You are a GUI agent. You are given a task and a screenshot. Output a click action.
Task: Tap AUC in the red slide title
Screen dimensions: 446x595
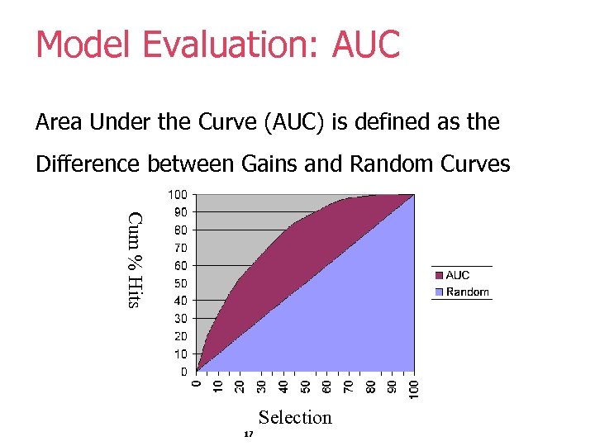[x=365, y=45]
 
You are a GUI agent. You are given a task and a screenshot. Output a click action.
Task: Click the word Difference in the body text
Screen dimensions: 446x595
[x=88, y=164]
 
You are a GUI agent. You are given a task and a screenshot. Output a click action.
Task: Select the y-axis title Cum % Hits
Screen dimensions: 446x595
[x=136, y=260]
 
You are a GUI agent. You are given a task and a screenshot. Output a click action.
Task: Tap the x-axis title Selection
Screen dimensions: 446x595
[x=295, y=417]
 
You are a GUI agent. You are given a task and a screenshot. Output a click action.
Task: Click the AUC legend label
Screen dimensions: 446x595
[x=458, y=275]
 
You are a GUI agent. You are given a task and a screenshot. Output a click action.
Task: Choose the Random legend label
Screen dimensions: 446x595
[x=467, y=292]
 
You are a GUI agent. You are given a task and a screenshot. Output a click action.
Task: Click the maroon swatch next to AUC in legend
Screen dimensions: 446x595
[x=439, y=275]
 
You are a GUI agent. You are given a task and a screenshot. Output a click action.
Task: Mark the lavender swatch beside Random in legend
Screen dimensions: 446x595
[x=439, y=292]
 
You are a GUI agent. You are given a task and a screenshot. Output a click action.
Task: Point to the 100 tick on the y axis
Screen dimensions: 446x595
[x=178, y=195]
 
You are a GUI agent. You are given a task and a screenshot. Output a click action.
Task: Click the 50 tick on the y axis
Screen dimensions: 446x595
[x=180, y=283]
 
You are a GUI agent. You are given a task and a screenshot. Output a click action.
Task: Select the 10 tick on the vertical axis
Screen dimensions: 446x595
[x=180, y=353]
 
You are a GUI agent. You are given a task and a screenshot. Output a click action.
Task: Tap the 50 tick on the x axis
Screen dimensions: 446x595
[x=305, y=387]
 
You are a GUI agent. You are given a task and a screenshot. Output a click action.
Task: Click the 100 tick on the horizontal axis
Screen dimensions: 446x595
[x=415, y=389]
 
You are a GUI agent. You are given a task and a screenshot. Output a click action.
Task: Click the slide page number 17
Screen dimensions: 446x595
[x=248, y=434]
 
